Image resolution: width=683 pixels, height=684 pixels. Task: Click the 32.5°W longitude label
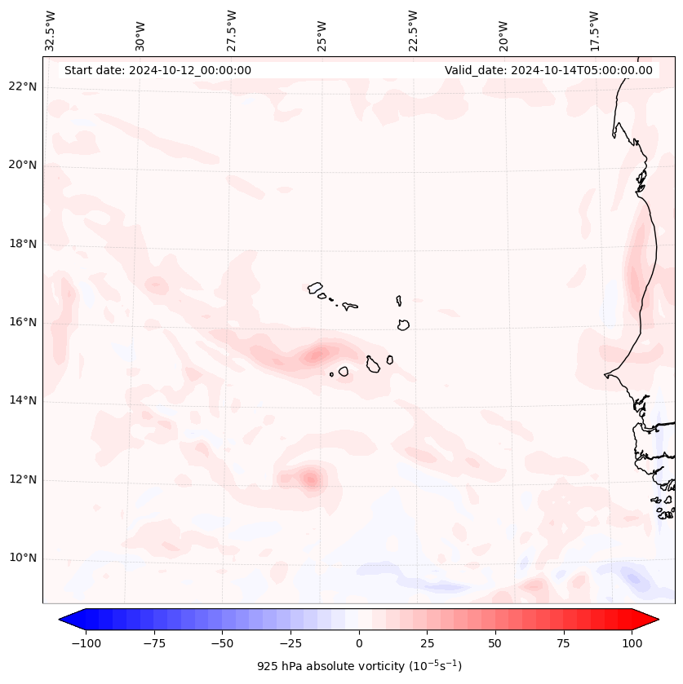pyautogui.click(x=51, y=30)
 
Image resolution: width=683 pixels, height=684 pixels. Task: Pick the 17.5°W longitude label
pyautogui.click(x=594, y=30)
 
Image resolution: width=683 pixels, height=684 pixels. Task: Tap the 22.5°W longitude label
pyautogui.click(x=413, y=30)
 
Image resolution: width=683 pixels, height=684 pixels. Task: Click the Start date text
pyautogui.click(x=157, y=70)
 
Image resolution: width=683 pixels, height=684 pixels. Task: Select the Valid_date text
pyautogui.click(x=548, y=70)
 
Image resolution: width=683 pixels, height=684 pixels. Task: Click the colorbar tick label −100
pyautogui.click(x=84, y=643)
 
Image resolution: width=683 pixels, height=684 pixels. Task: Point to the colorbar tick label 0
pyautogui.click(x=358, y=643)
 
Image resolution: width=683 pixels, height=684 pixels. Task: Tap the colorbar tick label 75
pyautogui.click(x=564, y=643)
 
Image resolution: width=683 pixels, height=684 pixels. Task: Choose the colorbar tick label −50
pyautogui.click(x=221, y=643)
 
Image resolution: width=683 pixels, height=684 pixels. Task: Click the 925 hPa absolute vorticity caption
pyautogui.click(x=359, y=666)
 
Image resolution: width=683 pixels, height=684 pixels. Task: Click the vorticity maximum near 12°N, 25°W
pyautogui.click(x=310, y=479)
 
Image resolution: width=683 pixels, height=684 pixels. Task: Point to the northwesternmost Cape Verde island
pyautogui.click(x=315, y=288)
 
